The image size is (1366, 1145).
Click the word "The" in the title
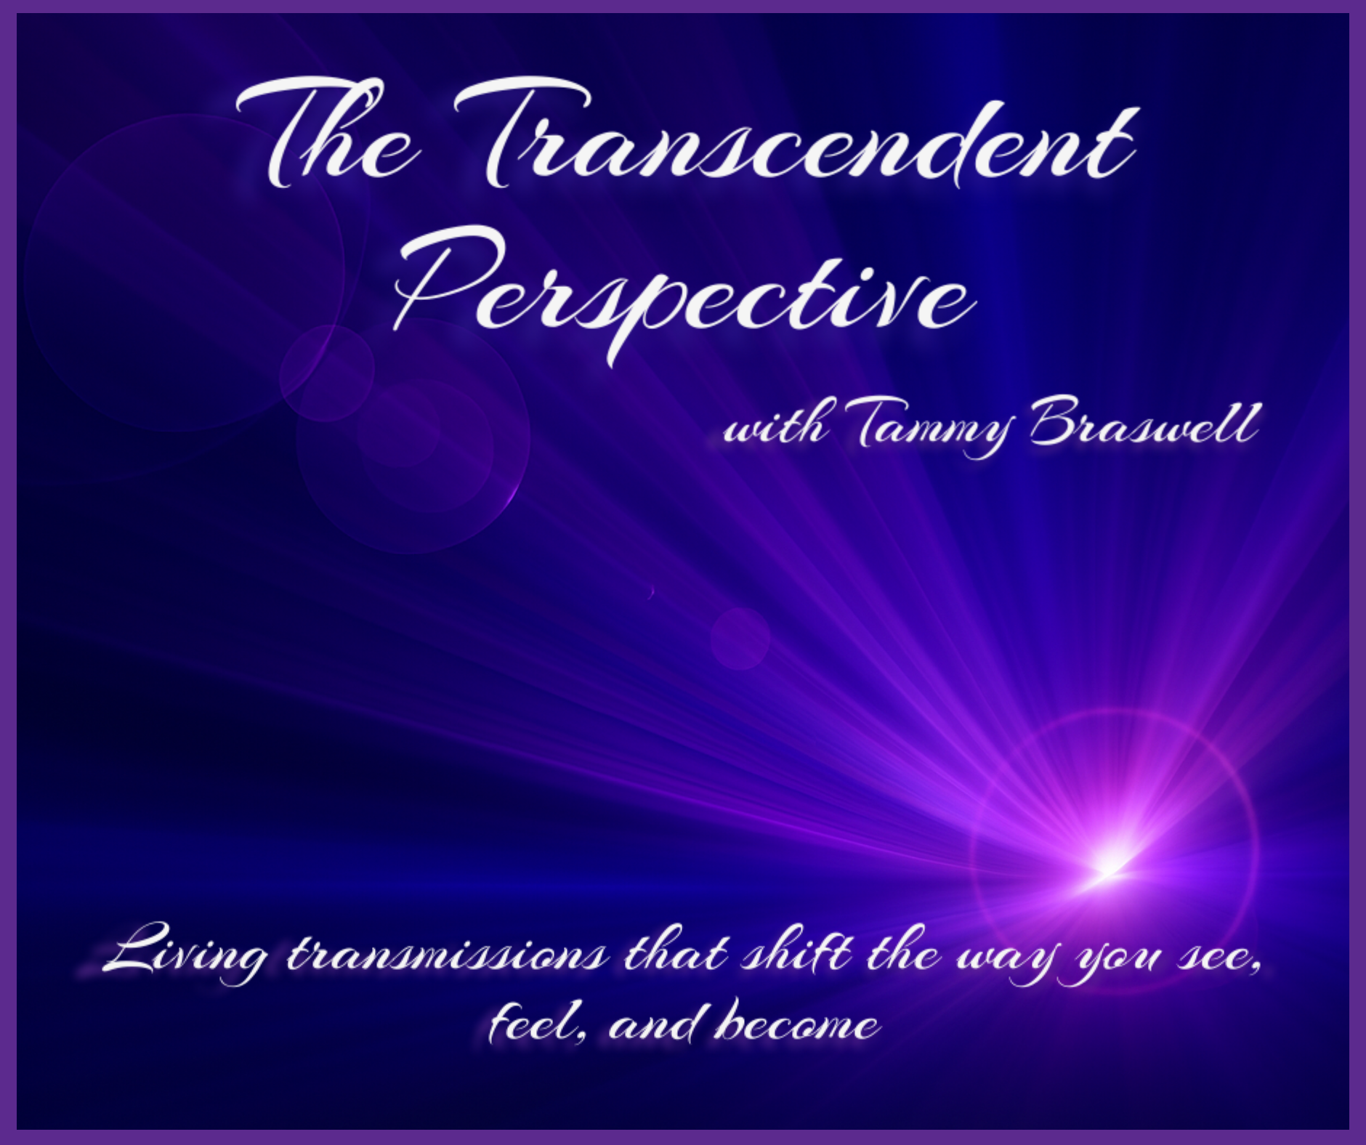click(x=327, y=134)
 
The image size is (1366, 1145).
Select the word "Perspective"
click(x=683, y=291)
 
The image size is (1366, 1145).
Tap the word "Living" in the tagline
click(x=185, y=952)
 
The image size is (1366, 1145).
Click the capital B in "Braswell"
click(x=1058, y=421)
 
